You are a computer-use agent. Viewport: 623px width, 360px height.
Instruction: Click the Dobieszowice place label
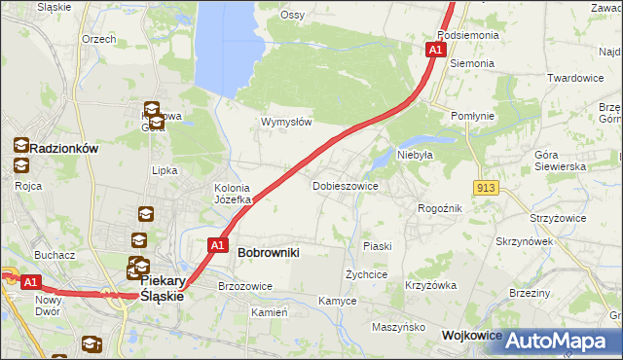click(x=345, y=185)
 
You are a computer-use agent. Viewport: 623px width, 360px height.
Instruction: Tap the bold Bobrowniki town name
click(x=268, y=252)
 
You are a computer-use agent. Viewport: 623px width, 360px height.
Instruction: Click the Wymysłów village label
click(x=286, y=123)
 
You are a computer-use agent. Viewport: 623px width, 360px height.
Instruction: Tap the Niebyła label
click(x=414, y=154)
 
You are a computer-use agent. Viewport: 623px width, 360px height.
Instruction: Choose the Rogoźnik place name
click(x=439, y=208)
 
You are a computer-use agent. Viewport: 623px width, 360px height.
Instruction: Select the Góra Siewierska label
click(x=560, y=161)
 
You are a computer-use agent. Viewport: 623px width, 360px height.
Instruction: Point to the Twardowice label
click(x=575, y=78)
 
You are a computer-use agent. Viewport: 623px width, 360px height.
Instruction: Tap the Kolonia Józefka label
click(x=233, y=194)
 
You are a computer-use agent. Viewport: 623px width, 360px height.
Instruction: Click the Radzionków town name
click(x=65, y=148)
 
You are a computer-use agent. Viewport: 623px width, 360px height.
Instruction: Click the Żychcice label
click(x=368, y=275)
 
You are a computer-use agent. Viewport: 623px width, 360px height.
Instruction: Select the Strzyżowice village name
click(x=558, y=218)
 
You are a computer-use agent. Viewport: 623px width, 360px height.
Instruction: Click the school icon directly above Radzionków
click(x=21, y=145)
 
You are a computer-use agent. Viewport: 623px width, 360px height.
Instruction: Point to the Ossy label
click(x=292, y=15)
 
